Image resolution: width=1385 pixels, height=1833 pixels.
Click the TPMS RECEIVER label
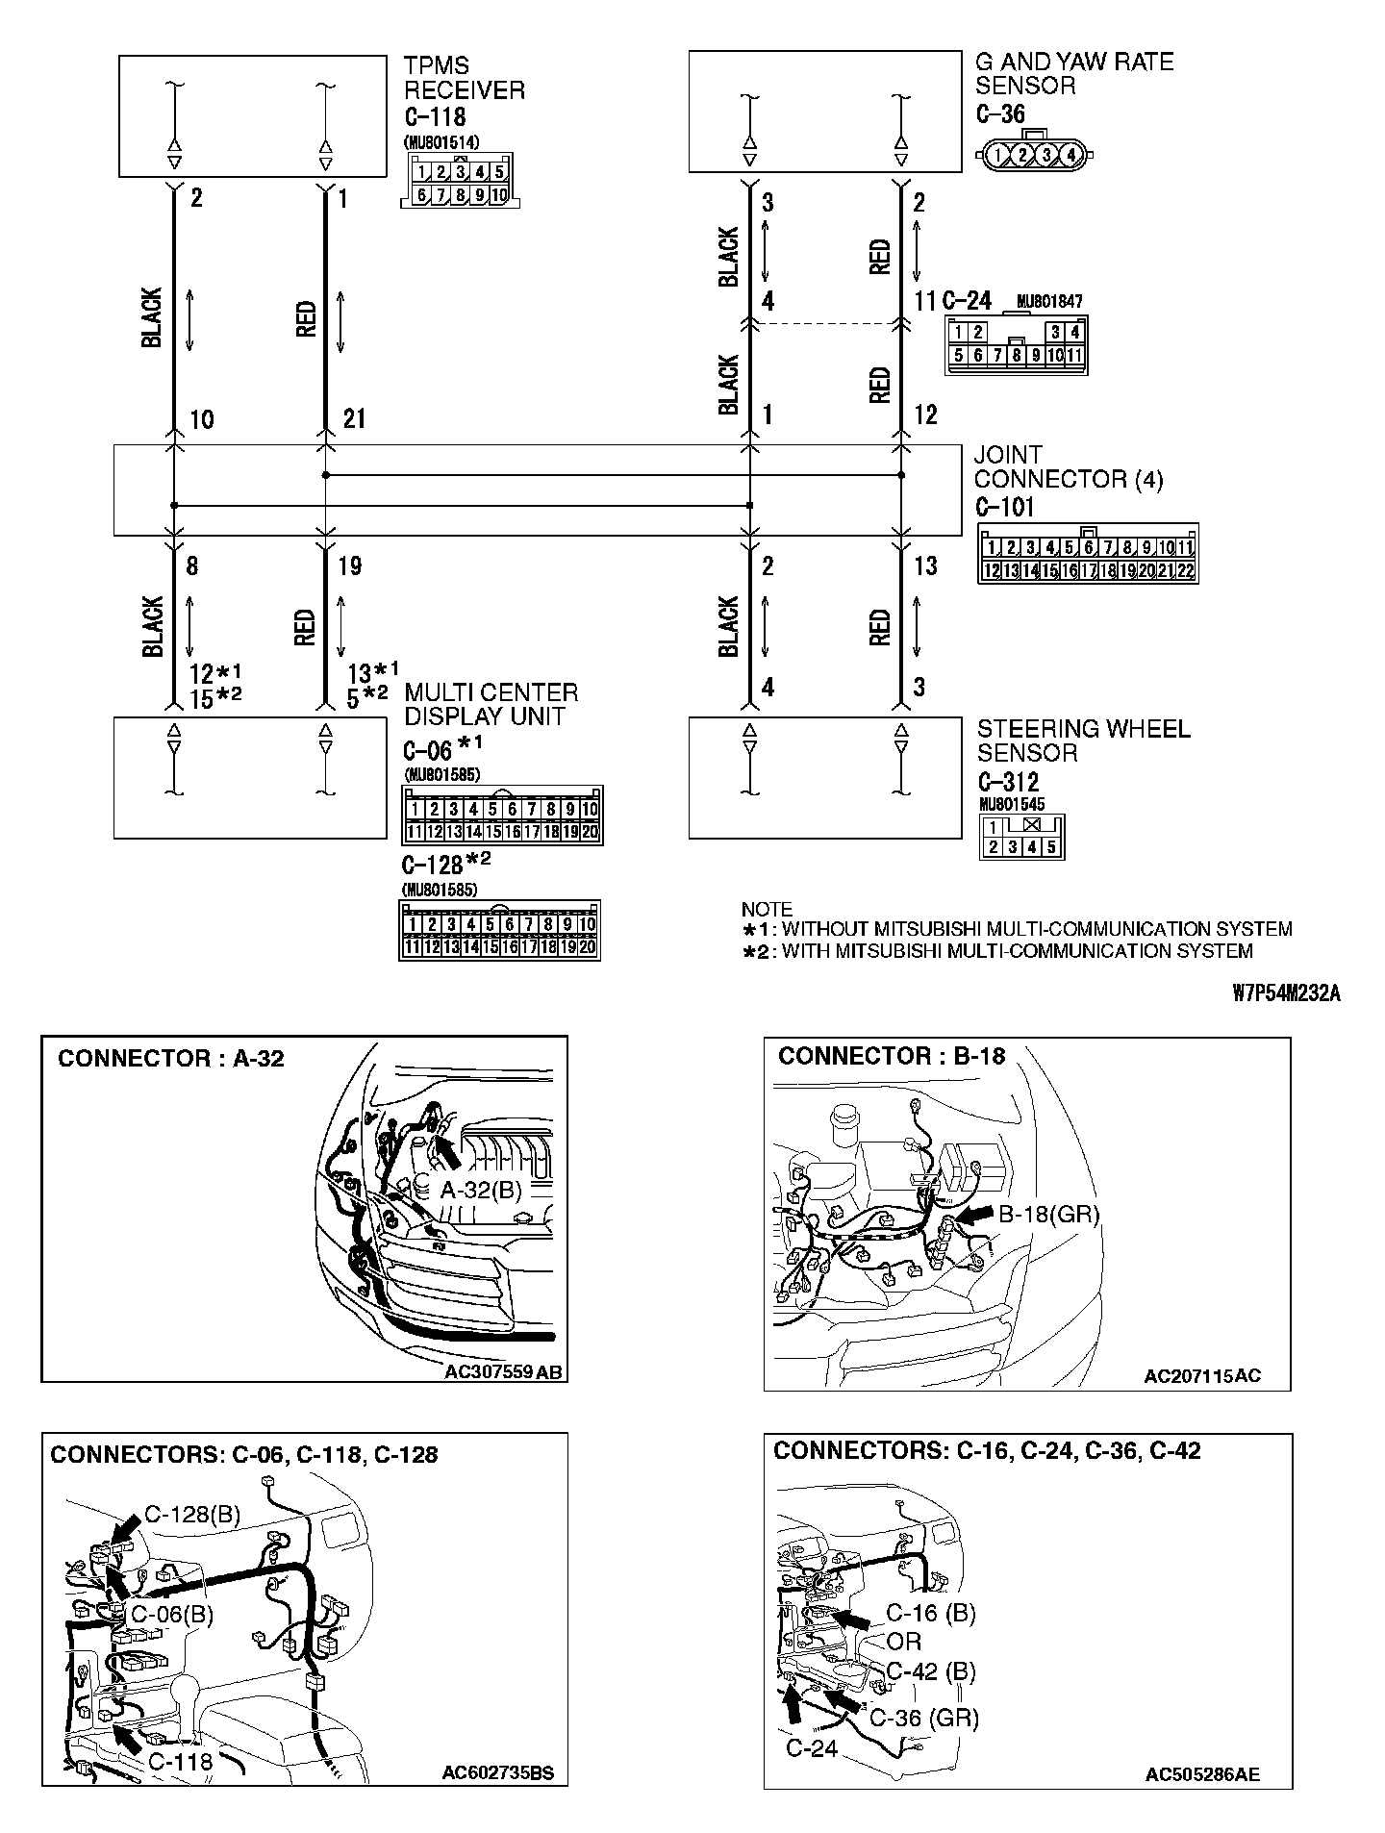coord(464,78)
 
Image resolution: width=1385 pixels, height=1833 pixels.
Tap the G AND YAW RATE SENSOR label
coord(1074,73)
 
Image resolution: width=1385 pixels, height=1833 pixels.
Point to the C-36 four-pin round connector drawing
coord(1034,153)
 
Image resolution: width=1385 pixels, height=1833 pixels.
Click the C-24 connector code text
coord(967,301)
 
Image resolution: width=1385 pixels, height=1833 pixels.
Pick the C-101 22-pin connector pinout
coord(1088,555)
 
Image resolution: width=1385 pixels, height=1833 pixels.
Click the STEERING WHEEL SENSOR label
coord(1083,741)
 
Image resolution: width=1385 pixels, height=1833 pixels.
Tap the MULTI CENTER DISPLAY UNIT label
coord(491,704)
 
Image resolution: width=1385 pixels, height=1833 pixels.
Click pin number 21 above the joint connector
coord(354,419)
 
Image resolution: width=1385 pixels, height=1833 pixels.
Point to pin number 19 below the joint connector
coord(350,565)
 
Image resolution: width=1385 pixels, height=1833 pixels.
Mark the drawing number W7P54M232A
coord(1285,993)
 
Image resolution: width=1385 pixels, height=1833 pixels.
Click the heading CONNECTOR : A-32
coord(170,1059)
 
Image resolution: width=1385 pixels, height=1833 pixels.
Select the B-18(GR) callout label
coord(1048,1214)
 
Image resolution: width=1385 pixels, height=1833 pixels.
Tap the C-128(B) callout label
coord(192,1515)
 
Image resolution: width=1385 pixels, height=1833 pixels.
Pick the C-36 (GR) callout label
coord(923,1718)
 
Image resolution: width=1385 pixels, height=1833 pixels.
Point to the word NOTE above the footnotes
coord(767,909)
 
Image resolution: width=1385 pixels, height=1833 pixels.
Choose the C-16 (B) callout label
coord(930,1613)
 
